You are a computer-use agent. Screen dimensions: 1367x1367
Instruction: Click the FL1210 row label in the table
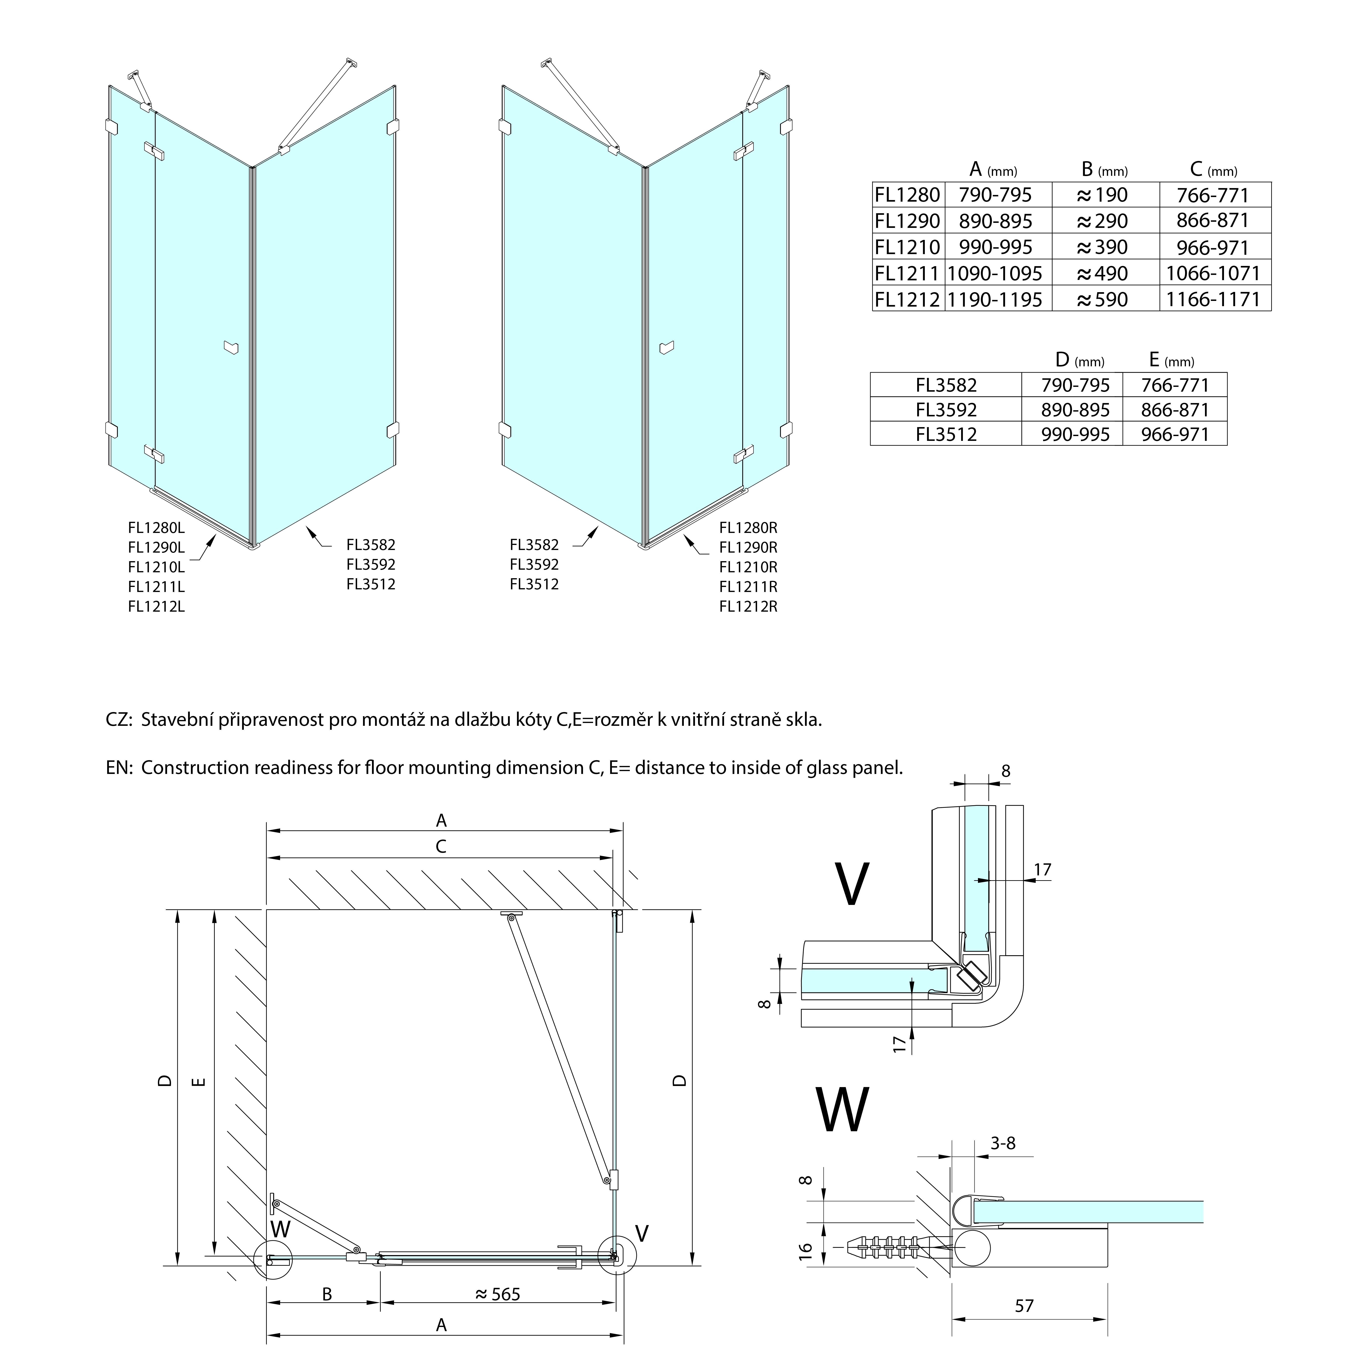(x=907, y=247)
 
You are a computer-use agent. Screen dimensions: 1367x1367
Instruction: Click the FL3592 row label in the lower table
(x=946, y=410)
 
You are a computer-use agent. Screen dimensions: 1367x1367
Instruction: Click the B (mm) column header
(x=1104, y=170)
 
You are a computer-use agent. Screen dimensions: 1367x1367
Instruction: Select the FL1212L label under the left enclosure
(x=156, y=606)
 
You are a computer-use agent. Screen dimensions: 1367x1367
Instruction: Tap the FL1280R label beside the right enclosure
(x=748, y=528)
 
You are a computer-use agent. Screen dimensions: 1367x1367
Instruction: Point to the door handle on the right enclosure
(x=666, y=347)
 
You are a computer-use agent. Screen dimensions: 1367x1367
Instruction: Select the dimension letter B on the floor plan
(x=327, y=1294)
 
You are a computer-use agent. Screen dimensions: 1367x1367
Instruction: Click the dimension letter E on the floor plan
(x=199, y=1082)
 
